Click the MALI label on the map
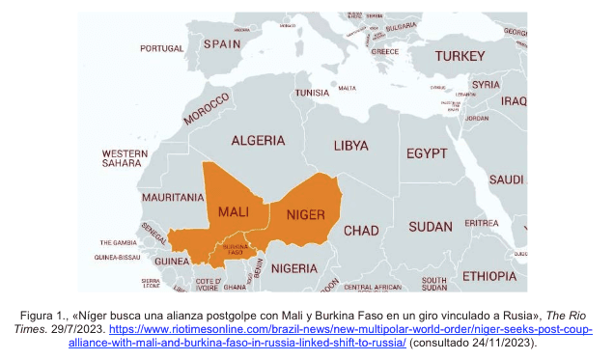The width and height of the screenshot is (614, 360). (x=236, y=211)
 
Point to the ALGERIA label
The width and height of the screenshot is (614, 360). (x=258, y=140)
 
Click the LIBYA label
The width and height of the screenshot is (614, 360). (x=349, y=146)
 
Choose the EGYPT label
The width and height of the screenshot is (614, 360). (x=426, y=153)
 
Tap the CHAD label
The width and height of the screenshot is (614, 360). (x=361, y=231)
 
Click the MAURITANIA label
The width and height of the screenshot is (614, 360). (x=173, y=197)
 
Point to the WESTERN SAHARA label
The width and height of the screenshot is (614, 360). (x=125, y=158)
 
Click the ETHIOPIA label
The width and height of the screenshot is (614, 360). (x=488, y=276)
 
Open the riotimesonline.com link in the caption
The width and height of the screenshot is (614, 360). (x=396, y=329)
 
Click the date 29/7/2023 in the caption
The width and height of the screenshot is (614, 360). (x=134, y=329)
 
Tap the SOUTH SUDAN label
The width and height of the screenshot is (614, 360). (x=434, y=283)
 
